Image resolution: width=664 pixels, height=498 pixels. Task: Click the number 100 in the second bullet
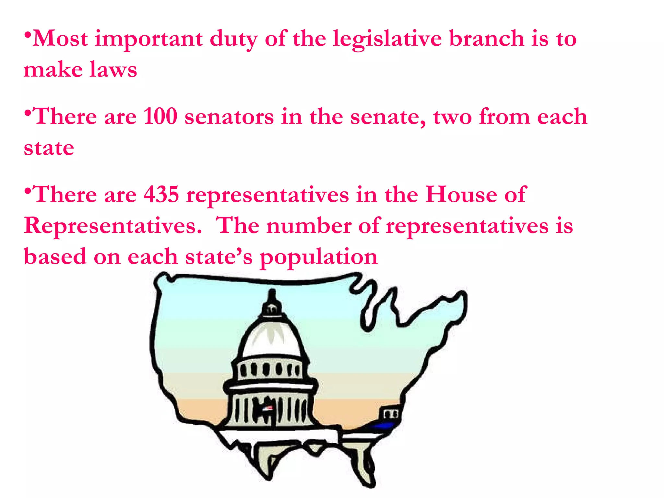pos(160,116)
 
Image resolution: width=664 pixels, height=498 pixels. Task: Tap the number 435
pos(161,195)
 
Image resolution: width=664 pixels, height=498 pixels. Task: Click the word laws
pos(113,70)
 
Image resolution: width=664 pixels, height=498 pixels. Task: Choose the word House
pos(461,195)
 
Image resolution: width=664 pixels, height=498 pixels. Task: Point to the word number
pos(309,226)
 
